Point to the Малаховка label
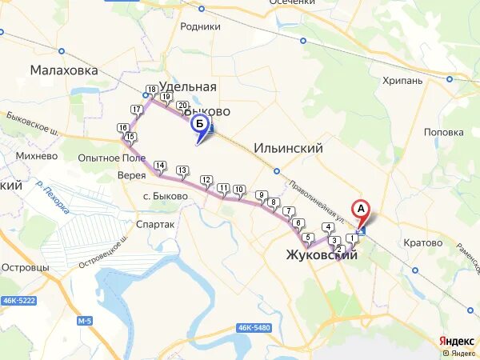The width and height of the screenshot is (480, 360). [64, 70]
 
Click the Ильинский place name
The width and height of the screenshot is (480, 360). [288, 148]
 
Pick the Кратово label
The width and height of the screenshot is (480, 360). [422, 242]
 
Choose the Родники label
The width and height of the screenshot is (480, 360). [200, 26]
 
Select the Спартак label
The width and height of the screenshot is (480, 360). [155, 225]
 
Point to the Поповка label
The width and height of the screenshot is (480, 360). [444, 132]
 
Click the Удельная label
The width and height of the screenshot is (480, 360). [188, 86]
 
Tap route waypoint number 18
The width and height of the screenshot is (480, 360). [151, 90]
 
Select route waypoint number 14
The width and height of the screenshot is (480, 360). [160, 166]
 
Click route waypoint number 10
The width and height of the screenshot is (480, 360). [239, 190]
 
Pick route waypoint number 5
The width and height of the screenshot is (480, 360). [308, 237]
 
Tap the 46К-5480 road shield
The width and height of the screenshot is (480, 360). [254, 328]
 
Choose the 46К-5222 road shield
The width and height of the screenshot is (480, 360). [18, 300]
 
